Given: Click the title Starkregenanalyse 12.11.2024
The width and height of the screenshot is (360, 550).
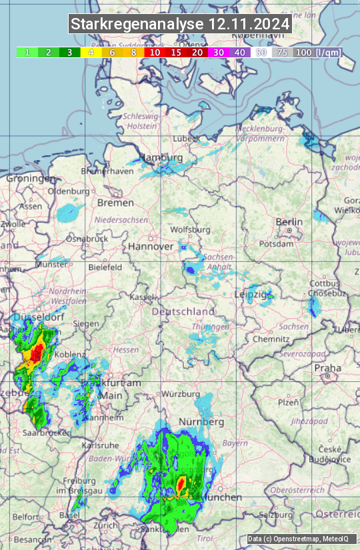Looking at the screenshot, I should [x=180, y=25].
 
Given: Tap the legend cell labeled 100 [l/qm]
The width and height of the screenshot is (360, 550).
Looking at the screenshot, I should [x=317, y=52].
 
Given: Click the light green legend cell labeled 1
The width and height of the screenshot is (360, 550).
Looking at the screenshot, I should [x=27, y=52].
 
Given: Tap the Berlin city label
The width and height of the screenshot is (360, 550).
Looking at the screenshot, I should [x=289, y=222].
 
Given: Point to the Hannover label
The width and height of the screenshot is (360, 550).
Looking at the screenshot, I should [x=151, y=246].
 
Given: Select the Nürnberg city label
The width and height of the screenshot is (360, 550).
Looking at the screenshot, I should [x=201, y=422].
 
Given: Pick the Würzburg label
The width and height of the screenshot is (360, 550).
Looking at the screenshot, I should [x=181, y=393].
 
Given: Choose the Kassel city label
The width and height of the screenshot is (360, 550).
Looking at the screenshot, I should [x=142, y=296].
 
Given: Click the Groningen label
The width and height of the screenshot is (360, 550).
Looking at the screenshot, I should [x=31, y=179].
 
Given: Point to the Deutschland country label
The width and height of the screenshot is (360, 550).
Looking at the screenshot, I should [x=183, y=311].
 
